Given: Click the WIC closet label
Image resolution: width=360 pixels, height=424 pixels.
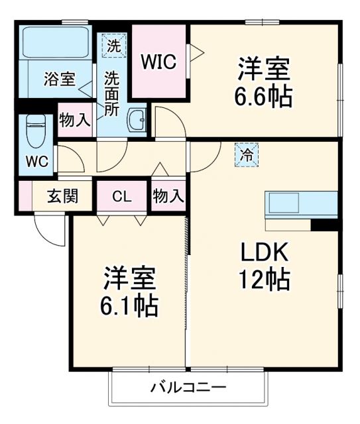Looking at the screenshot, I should point(158,62).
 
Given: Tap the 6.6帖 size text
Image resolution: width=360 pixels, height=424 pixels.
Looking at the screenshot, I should point(263,97).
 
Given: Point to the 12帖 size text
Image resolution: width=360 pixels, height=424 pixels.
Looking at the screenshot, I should point(264,280).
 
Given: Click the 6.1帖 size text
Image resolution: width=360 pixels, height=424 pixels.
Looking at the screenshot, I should point(130,305).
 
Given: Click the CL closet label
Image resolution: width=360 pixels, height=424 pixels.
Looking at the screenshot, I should point(121,196).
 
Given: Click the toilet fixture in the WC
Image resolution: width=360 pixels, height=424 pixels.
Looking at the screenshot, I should point(35,130).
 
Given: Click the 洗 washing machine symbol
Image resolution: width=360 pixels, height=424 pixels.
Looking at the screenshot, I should point(115,46).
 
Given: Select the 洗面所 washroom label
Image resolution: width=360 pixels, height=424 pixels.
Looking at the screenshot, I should point(113,93).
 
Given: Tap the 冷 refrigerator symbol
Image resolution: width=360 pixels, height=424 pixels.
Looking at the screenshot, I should point(246,156).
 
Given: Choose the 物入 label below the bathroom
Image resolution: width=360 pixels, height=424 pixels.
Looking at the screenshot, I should point(74,120).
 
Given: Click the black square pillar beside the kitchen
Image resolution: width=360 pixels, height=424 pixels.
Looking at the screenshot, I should point(325,225).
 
